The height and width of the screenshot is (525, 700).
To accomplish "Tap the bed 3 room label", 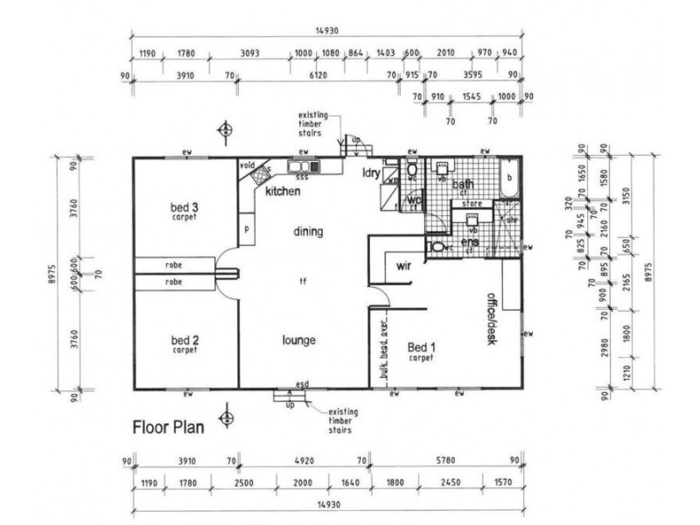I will (x=185, y=208).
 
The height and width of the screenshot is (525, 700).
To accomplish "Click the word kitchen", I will (x=283, y=191).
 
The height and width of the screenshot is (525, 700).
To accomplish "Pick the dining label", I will (x=309, y=232).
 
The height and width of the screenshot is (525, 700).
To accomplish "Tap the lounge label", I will (x=298, y=340).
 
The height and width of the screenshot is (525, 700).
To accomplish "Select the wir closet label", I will (x=404, y=264).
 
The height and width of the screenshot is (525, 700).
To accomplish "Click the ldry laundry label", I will (x=371, y=173).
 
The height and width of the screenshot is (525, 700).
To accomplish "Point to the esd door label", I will (x=302, y=384).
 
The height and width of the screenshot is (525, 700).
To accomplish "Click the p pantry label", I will (x=248, y=228).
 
